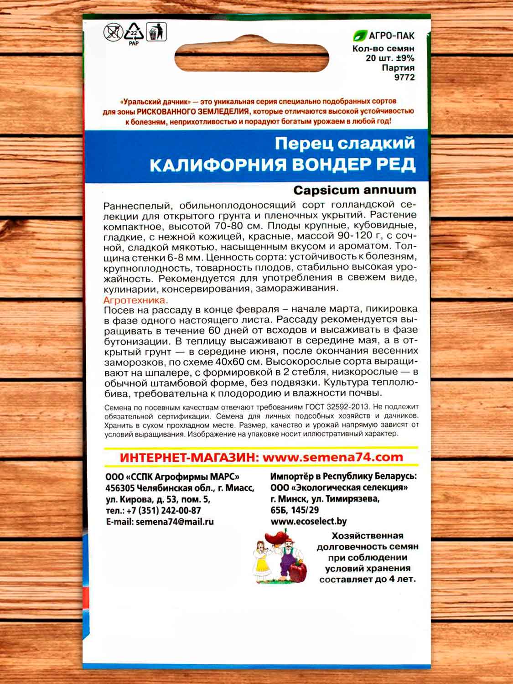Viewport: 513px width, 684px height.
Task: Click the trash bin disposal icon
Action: coord(156,31)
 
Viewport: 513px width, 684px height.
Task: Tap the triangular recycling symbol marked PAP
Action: coord(134,32)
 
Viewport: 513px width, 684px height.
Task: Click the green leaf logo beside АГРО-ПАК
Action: coord(360,36)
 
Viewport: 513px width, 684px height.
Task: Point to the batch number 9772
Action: coord(404,77)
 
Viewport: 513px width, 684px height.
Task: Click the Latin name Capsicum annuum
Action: coord(354,190)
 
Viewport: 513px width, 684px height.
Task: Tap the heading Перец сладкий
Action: coord(345,143)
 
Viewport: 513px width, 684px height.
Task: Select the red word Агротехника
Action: coord(135,300)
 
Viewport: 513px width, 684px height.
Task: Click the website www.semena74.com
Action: coord(333,457)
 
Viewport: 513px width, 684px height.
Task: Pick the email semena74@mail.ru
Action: coord(175,522)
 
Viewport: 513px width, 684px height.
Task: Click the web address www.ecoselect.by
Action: coord(308,521)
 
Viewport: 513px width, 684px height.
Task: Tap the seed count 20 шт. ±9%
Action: coord(390,58)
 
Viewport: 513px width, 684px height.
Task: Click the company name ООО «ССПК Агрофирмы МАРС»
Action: coord(172,477)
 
